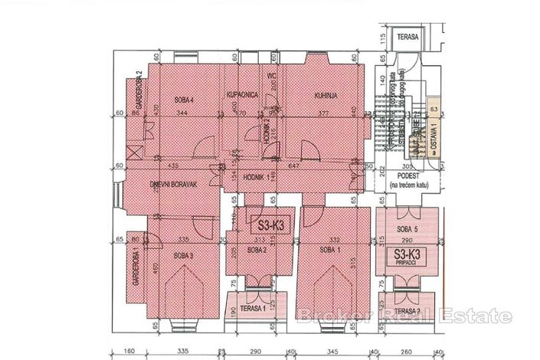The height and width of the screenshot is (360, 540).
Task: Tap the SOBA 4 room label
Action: point(183,100)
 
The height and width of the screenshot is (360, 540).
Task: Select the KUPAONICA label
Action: point(241,94)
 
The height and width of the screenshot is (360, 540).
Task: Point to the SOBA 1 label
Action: point(329,250)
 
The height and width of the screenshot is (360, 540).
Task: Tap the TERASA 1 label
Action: point(254,309)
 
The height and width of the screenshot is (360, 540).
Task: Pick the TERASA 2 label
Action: point(408,311)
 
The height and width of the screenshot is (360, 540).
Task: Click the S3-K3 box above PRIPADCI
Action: point(410,254)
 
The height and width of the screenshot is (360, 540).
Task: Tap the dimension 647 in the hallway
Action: point(316,165)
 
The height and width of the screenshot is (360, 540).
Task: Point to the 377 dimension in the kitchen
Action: point(323,113)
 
